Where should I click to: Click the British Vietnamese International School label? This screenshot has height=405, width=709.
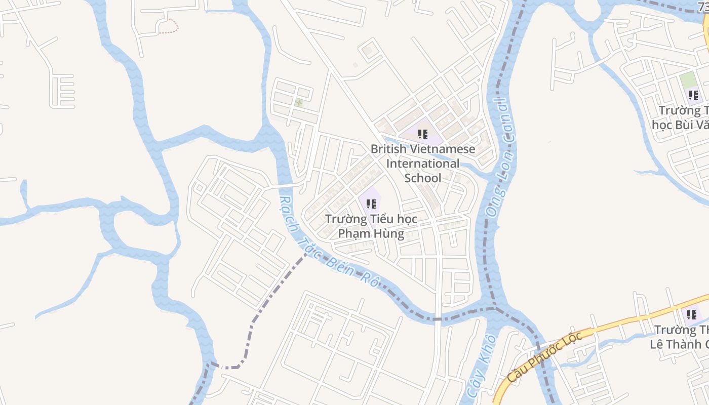[x=423, y=164]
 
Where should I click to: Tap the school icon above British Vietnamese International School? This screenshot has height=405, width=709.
[x=423, y=134]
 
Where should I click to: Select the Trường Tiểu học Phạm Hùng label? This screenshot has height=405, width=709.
[x=371, y=226]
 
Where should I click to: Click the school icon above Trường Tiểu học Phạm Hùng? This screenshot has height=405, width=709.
[x=371, y=204]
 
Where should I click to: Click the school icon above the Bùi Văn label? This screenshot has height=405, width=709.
[x=693, y=95]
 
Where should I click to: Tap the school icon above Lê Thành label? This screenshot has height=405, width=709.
[x=691, y=315]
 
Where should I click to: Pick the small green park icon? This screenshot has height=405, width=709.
[x=299, y=103]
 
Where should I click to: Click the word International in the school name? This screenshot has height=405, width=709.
[x=423, y=164]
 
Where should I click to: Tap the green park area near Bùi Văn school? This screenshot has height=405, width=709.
[x=688, y=79]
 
